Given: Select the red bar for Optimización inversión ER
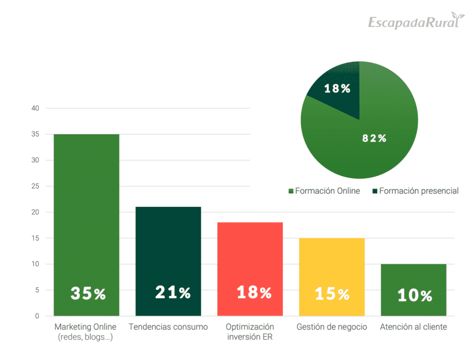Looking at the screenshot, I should [x=250, y=260].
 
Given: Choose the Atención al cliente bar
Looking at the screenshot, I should [x=414, y=278].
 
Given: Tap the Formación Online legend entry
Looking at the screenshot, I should [x=324, y=191].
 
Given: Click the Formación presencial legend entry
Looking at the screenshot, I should [x=415, y=191].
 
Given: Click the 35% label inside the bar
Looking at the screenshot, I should [x=88, y=293].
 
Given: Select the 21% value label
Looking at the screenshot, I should [x=173, y=292].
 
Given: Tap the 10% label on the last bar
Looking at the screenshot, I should [x=415, y=296].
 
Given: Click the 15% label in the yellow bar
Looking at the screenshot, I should [x=332, y=294].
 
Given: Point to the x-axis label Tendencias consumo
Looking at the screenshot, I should [x=168, y=327].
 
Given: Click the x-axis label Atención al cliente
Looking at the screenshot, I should [x=413, y=327].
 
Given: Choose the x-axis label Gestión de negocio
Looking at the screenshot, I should [x=332, y=327].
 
